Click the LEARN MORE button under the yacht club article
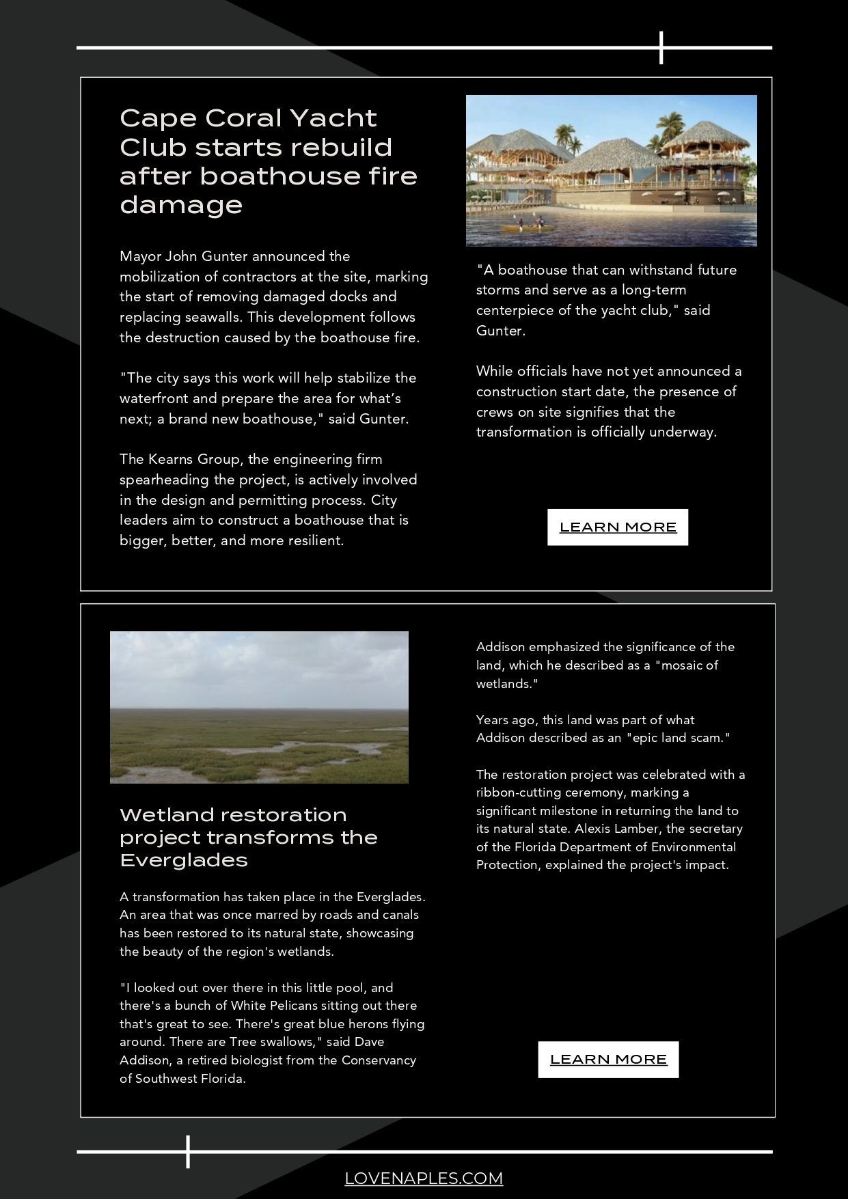[618, 527]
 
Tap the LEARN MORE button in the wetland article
[608, 1059]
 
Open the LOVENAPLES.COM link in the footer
[424, 1178]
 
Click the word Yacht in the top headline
[333, 118]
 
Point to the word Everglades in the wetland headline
[184, 859]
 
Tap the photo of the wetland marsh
[259, 707]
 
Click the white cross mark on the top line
[661, 48]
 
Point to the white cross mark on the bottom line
[187, 1151]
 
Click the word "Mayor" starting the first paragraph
[140, 256]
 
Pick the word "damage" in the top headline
[181, 205]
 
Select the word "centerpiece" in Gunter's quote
[515, 310]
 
